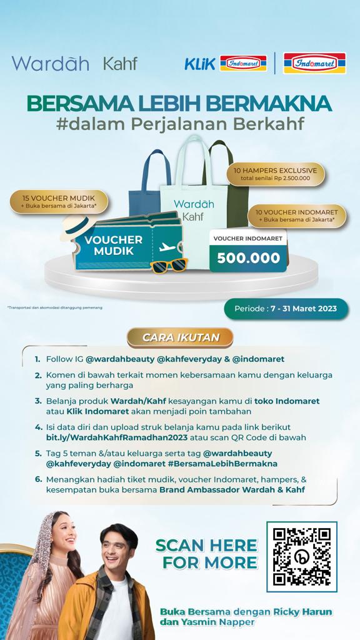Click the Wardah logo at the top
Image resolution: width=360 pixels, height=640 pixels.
tap(50, 63)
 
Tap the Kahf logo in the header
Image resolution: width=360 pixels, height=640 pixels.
tap(119, 63)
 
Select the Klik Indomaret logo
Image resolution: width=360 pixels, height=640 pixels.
tap(225, 63)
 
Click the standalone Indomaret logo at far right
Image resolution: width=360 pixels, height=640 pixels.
tap(314, 63)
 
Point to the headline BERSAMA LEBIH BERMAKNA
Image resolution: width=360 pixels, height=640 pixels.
tap(179, 102)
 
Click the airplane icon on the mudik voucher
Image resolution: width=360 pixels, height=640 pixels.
tap(167, 247)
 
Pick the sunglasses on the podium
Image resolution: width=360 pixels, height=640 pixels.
tap(169, 264)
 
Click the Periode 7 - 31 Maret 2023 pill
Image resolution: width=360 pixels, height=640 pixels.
tap(286, 309)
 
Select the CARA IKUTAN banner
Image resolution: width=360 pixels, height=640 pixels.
tap(180, 337)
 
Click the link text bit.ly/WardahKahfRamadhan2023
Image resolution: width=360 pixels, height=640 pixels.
tap(112, 437)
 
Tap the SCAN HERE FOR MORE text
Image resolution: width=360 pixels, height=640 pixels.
tap(206, 553)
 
